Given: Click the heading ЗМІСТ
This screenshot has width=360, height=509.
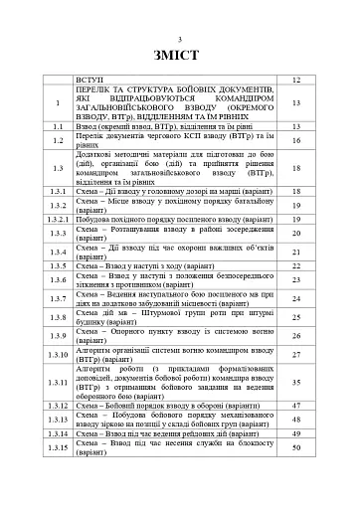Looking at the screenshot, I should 179,55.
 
